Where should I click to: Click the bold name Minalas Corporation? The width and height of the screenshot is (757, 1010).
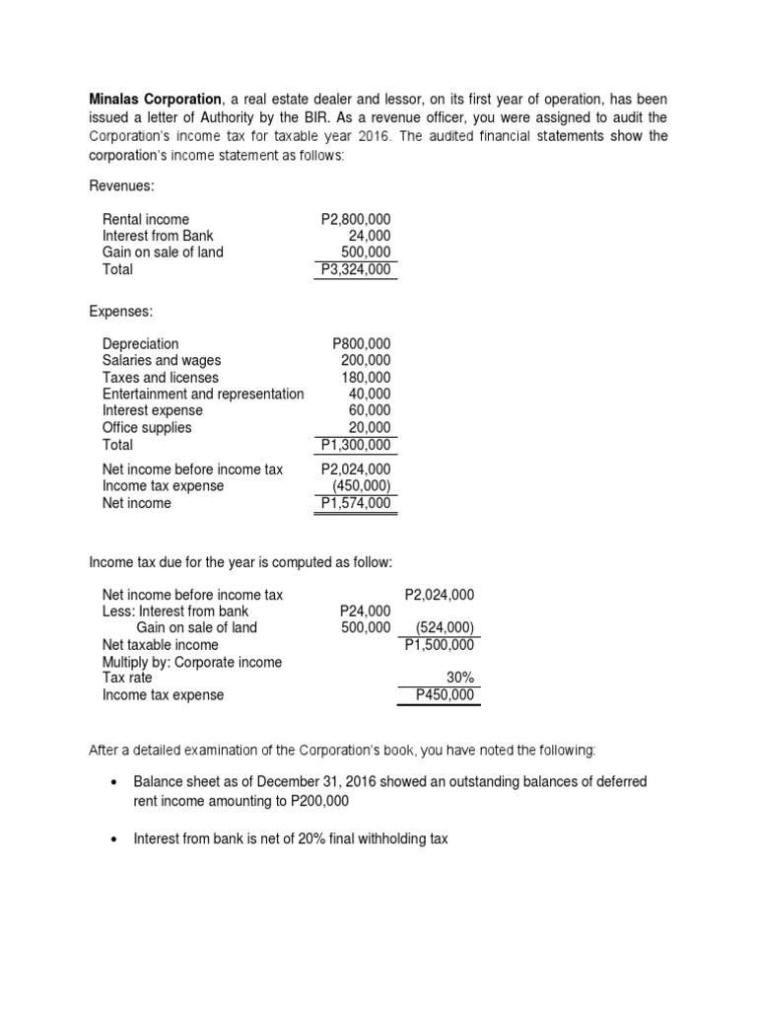coord(155,100)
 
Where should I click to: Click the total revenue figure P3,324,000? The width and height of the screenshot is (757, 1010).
coord(355,269)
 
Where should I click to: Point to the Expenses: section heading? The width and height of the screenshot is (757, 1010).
coord(121,311)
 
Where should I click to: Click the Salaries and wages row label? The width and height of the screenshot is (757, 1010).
coord(162,361)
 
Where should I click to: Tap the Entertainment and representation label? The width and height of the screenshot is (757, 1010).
coord(203,395)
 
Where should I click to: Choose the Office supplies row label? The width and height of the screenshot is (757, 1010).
coord(147,428)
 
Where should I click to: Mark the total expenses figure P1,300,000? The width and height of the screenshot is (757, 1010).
coord(355,445)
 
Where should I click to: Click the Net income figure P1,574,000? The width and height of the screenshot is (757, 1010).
coord(355,503)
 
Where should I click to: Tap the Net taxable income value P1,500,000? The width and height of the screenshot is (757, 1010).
coord(439,645)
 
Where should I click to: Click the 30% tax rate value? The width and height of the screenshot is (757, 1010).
coord(459,679)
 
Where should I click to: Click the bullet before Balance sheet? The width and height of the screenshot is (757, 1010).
coord(116,782)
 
